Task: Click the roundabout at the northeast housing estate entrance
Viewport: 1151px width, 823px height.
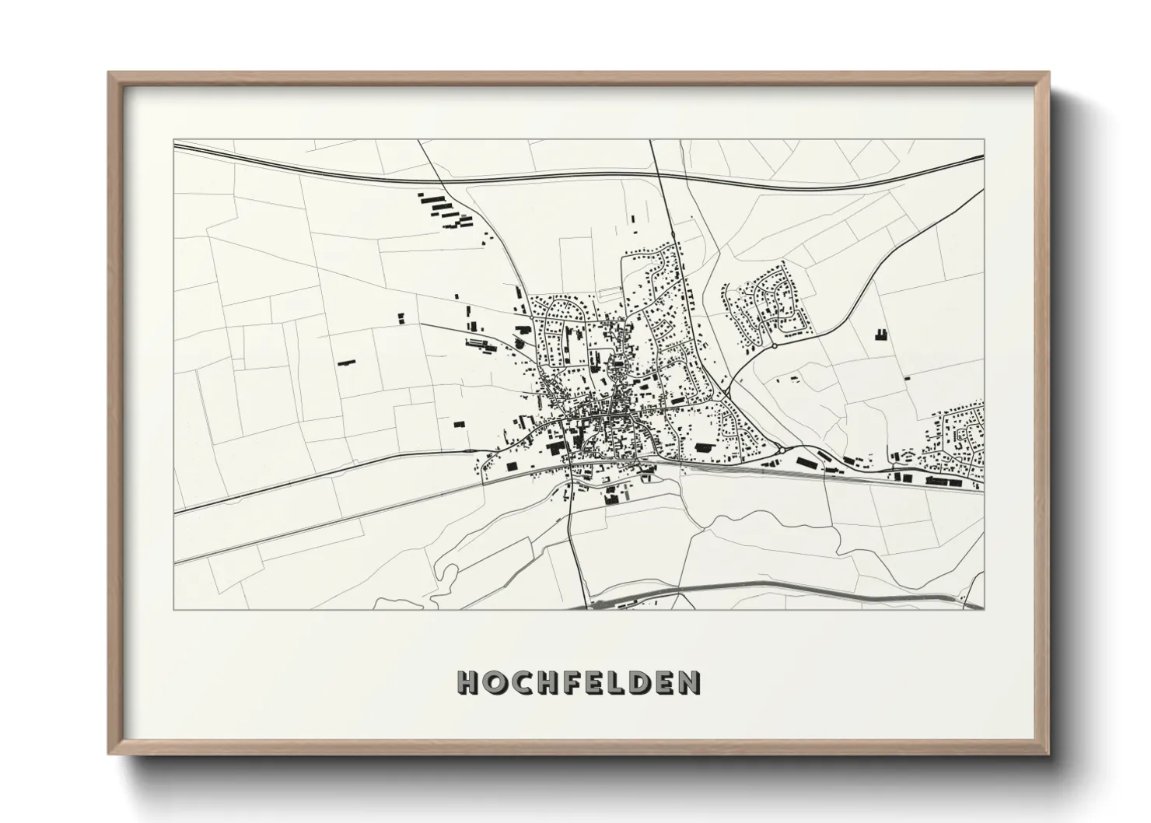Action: coord(774,345)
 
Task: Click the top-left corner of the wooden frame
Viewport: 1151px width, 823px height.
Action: coord(108,72)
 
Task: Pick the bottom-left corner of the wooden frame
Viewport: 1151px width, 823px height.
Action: coord(108,753)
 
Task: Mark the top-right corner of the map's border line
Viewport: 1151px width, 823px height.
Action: coord(984,140)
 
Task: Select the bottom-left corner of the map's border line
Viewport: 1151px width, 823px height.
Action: coord(173,610)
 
